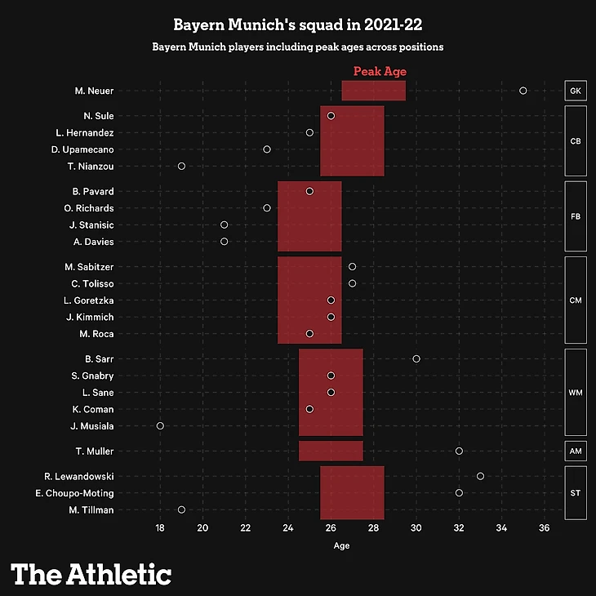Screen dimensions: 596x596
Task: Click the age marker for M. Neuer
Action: pos(523,91)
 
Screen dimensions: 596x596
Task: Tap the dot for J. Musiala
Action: pos(160,426)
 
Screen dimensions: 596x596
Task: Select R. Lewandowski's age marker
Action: pos(480,476)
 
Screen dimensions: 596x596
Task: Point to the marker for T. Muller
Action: pos(459,451)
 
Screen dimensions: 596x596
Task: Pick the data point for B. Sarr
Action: pos(416,358)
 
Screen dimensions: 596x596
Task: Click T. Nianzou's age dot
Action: pos(181,167)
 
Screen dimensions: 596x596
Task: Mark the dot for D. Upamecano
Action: pos(267,149)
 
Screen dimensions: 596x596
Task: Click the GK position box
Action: pos(575,91)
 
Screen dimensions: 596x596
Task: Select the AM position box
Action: pos(575,451)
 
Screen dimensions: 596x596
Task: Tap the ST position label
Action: pos(575,493)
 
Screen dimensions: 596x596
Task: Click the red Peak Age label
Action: pos(380,72)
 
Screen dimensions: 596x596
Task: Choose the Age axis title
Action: pos(341,546)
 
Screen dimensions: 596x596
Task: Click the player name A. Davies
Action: pos(93,242)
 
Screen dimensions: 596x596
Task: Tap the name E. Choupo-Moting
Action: pos(74,493)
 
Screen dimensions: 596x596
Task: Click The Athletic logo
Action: pos(91,574)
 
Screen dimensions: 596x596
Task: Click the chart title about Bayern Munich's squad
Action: pos(297,26)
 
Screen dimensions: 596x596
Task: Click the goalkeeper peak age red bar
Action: pos(373,91)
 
